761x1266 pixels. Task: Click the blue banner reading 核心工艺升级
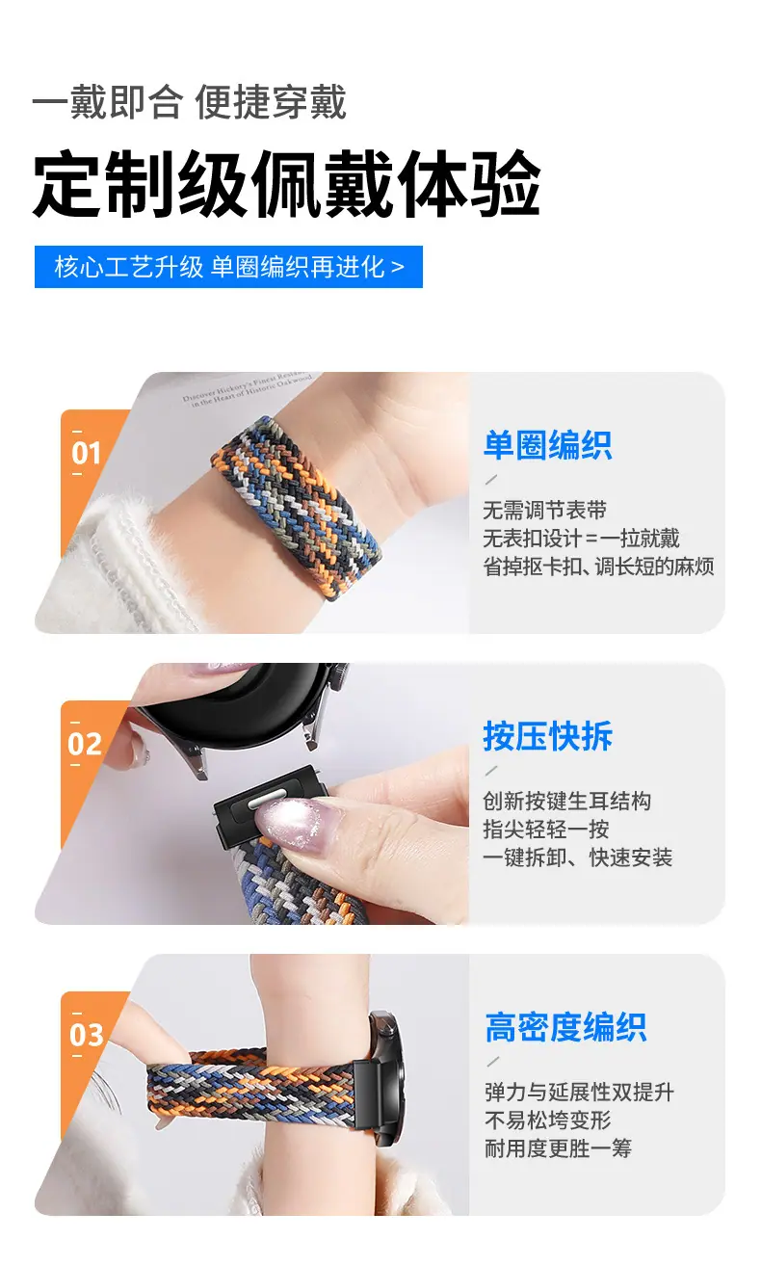click(x=228, y=267)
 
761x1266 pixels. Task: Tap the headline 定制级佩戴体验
click(x=286, y=184)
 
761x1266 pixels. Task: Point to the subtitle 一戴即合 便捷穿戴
click(x=189, y=102)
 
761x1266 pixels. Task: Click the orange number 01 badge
click(x=86, y=453)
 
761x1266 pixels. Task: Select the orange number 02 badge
click(x=85, y=744)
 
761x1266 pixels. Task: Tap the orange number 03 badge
click(x=86, y=1035)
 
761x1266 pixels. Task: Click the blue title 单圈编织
click(x=547, y=445)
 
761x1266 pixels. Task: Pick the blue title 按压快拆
click(x=547, y=736)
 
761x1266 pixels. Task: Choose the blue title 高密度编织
click(x=565, y=1027)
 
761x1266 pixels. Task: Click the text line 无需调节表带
click(x=544, y=510)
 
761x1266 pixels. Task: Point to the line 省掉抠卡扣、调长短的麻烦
click(x=599, y=567)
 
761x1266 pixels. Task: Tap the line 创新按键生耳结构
click(x=566, y=801)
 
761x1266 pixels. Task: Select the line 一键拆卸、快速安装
click(x=577, y=857)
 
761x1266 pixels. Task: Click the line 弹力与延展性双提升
click(x=579, y=1092)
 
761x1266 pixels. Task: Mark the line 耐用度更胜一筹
click(x=558, y=1148)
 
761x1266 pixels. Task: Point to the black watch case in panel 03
click(x=386, y=1079)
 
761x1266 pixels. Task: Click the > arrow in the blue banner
click(x=397, y=267)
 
